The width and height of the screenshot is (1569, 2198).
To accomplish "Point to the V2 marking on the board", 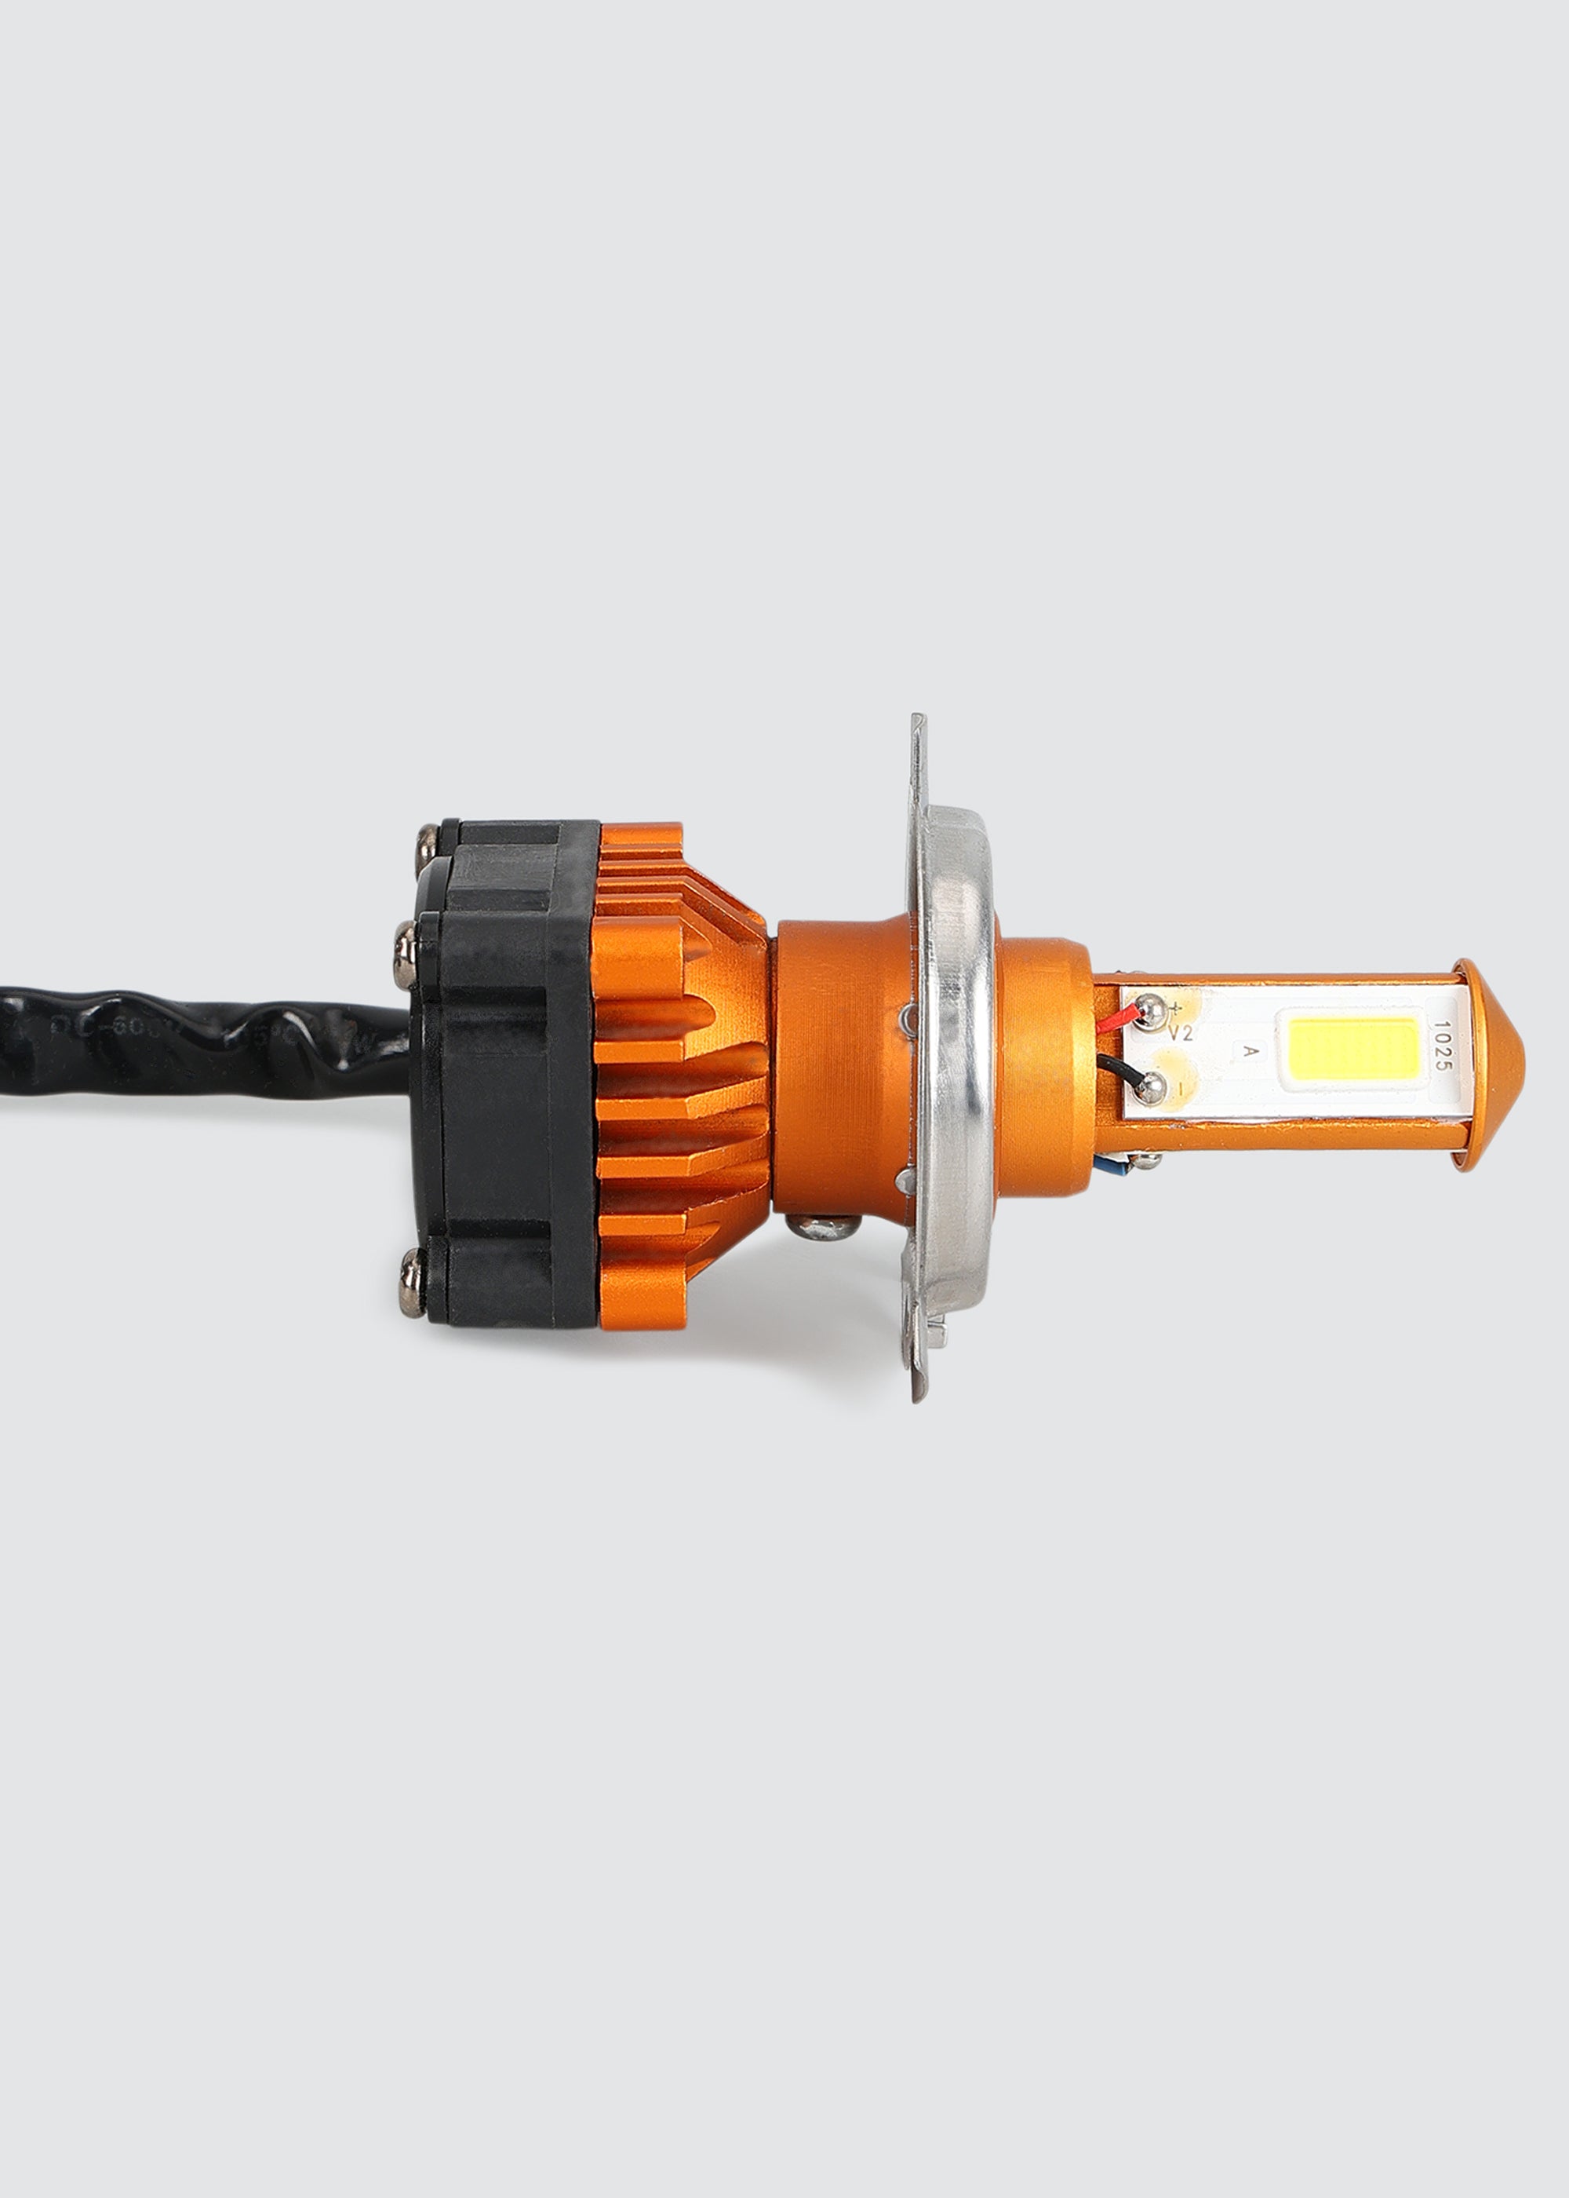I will pyautogui.click(x=1181, y=1033).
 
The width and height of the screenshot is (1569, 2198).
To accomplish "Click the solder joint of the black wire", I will pyautogui.click(x=1149, y=1088).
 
